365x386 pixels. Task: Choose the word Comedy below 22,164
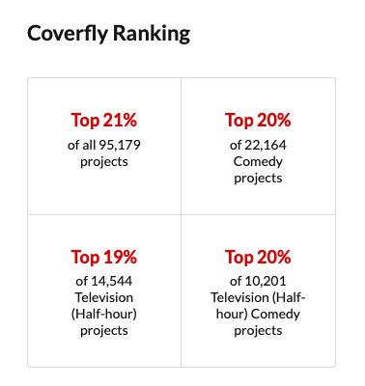(x=258, y=161)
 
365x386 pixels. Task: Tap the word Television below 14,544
(x=104, y=298)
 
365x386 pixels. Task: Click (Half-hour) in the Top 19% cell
(x=104, y=315)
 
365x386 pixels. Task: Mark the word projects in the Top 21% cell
(x=104, y=161)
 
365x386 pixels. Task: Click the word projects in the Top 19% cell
(x=104, y=331)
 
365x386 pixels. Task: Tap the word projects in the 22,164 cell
(x=258, y=178)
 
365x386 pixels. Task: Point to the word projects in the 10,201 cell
(x=258, y=331)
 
